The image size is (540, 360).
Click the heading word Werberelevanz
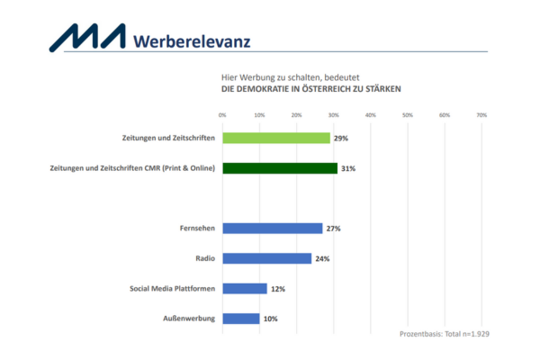191,40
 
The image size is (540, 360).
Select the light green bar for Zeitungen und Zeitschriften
276,139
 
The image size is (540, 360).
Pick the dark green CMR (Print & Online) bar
280,168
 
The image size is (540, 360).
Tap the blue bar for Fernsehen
272,229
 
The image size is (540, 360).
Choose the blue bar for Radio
266,258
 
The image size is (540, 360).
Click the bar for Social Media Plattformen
245,289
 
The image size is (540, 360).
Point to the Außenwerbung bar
241,319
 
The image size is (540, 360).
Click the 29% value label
340,139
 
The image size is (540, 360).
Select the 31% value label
348,168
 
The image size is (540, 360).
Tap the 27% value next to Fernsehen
333,229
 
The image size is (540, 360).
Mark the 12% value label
278,289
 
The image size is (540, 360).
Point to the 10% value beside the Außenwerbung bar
270,319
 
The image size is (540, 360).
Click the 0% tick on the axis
222,115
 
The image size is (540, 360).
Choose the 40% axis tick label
370,115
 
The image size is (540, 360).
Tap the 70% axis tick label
481,115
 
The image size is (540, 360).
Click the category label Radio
202,258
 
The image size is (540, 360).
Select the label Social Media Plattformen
172,289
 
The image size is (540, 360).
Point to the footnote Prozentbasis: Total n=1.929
444,334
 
